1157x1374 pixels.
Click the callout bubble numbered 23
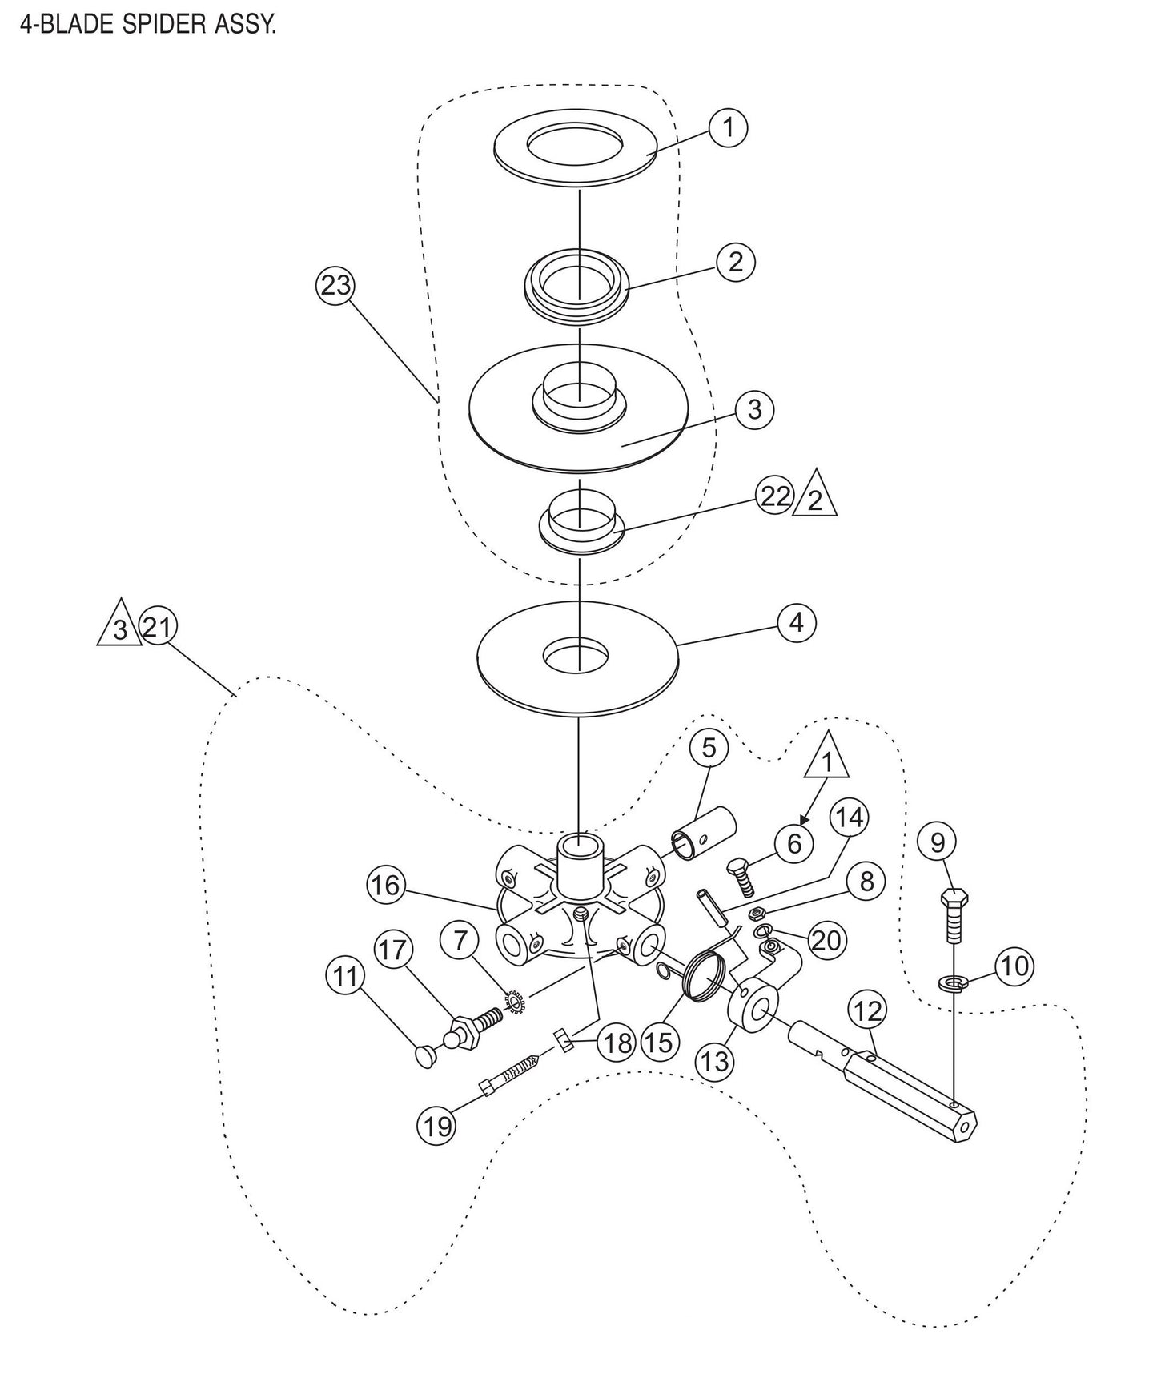(335, 286)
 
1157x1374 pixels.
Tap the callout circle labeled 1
(728, 128)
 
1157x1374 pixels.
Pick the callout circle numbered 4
(796, 622)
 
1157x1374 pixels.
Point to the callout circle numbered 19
(436, 1126)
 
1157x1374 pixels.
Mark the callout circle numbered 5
(709, 749)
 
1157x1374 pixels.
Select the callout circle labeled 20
(826, 938)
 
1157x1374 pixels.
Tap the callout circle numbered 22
(774, 496)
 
